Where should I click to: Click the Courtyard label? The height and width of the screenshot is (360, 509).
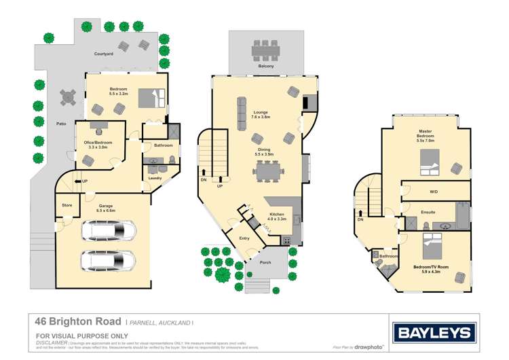pyautogui.click(x=104, y=53)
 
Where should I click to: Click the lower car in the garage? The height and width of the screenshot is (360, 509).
pyautogui.click(x=107, y=260)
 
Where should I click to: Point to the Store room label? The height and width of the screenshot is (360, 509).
pyautogui.click(x=67, y=204)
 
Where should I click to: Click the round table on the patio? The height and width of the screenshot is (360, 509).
pyautogui.click(x=68, y=98)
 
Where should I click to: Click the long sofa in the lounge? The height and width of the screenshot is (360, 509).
pyautogui.click(x=242, y=113)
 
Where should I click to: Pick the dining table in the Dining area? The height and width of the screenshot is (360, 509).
pyautogui.click(x=269, y=173)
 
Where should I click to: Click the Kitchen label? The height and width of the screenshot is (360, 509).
pyautogui.click(x=278, y=216)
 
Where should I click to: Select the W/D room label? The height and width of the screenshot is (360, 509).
pyautogui.click(x=434, y=192)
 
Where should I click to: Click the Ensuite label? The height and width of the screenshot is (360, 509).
pyautogui.click(x=427, y=213)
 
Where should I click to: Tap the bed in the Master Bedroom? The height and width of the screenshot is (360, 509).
pyautogui.click(x=429, y=164)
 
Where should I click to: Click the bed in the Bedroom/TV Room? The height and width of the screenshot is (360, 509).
pyautogui.click(x=432, y=243)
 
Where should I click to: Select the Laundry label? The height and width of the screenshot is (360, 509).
pyautogui.click(x=155, y=178)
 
